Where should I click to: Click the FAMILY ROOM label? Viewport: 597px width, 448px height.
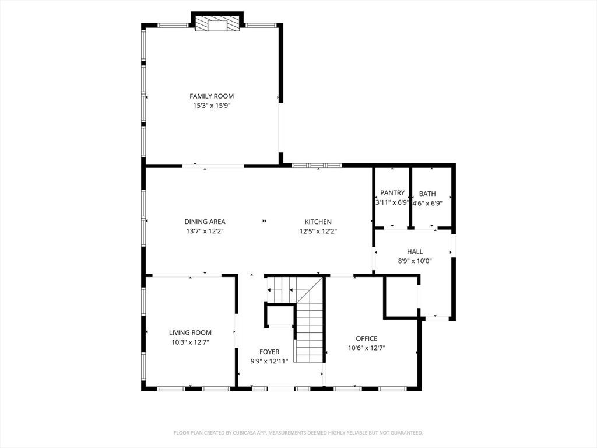212,96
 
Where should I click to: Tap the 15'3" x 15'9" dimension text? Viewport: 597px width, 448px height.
212,106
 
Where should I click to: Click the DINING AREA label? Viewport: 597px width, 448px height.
205,222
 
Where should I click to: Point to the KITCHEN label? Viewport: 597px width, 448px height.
318,222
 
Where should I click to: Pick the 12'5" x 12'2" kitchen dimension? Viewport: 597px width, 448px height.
318,231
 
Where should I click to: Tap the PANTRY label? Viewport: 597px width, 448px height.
392,193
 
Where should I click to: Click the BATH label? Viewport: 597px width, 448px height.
427,194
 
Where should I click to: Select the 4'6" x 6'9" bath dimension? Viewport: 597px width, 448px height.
427,204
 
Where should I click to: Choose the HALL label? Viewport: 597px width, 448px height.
415,252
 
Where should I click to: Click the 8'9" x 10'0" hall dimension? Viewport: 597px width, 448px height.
415,261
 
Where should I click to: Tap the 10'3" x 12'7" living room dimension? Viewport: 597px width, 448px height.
191,342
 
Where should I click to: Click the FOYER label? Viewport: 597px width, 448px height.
269,352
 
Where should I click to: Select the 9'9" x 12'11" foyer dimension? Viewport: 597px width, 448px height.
269,361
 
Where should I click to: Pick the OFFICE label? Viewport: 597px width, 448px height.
367,338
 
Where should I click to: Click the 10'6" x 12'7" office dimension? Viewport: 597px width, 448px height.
367,348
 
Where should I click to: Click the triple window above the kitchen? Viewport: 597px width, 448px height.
317,165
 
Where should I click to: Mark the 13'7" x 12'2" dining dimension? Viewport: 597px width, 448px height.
205,231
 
